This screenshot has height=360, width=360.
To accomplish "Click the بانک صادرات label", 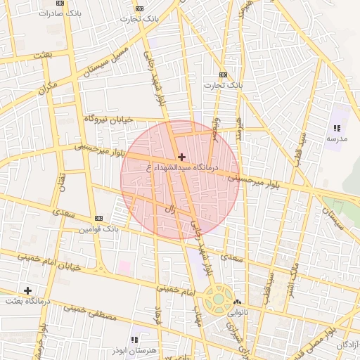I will pos(58,13).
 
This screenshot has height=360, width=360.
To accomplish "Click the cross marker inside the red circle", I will pos(182,157).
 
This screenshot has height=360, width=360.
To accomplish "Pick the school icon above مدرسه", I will pos(337,129).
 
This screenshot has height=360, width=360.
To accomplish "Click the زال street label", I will pos(169,209).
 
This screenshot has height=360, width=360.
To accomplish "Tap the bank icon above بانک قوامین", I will pos(98,219).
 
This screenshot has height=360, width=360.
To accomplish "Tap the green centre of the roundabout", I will pos(219,298).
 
